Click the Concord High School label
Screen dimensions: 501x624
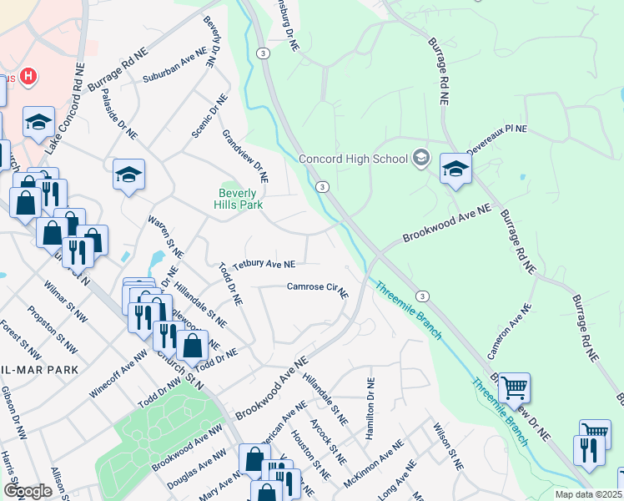pyautogui.click(x=354, y=159)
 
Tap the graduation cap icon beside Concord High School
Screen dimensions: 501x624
pyautogui.click(x=421, y=158)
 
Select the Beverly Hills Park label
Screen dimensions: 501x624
pyautogui.click(x=238, y=198)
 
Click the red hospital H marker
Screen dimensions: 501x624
pyautogui.click(x=29, y=78)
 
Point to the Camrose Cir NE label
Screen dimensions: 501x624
pyautogui.click(x=317, y=288)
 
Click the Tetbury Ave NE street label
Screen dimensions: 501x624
pyautogui.click(x=264, y=264)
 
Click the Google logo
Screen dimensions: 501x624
pyautogui.click(x=27, y=491)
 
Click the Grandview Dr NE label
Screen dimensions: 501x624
pyautogui.click(x=245, y=155)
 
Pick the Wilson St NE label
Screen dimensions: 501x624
pyautogui.click(x=446, y=445)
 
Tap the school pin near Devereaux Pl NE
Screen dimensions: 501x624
pyautogui.click(x=455, y=170)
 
